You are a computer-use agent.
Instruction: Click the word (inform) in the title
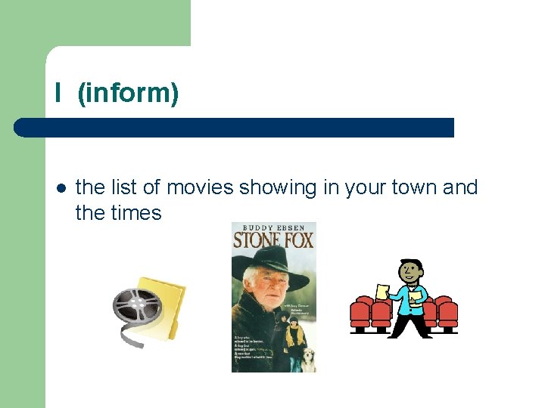[128, 94]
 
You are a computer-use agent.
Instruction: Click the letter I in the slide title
[58, 94]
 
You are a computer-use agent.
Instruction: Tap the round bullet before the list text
[60, 188]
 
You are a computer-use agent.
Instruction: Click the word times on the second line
[139, 213]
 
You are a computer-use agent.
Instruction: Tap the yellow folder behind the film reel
[167, 306]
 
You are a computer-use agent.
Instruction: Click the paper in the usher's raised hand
[383, 292]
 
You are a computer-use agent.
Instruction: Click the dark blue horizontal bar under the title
[235, 128]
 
